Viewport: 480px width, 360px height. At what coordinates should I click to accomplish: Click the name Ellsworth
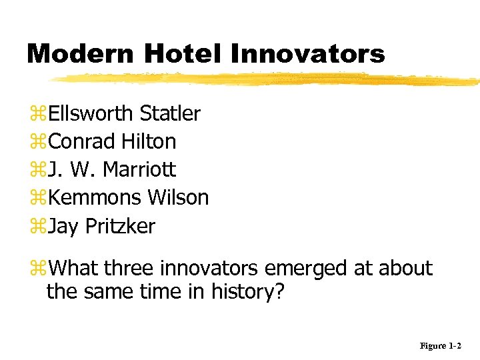[x=91, y=113]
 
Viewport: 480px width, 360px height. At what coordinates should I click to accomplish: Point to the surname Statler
[x=169, y=113]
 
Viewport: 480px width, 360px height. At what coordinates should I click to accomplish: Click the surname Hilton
[x=149, y=141]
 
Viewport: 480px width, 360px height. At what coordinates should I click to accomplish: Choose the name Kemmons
[x=95, y=198]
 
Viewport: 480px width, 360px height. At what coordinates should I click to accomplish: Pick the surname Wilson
[x=178, y=198]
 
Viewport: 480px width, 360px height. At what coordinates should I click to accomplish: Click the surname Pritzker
[x=120, y=227]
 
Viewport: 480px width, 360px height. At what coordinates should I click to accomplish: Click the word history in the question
[x=247, y=291]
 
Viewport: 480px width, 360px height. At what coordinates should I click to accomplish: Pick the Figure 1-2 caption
[x=440, y=346]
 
